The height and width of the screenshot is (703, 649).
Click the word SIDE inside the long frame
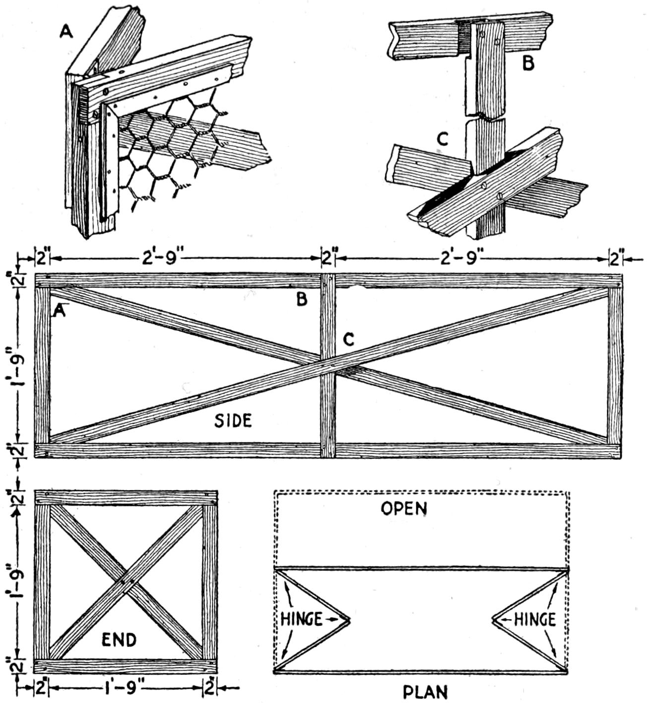233,421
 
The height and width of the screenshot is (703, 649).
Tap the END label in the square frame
119,640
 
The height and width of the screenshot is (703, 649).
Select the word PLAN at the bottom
425,692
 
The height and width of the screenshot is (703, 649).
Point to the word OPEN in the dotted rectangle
404,508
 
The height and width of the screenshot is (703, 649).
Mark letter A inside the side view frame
59,310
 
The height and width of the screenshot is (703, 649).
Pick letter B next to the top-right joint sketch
529,64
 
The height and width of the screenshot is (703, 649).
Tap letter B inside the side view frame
302,299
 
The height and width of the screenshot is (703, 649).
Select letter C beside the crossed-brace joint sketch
443,140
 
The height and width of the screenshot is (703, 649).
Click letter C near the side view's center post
349,340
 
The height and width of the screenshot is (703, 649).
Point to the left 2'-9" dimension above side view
161,259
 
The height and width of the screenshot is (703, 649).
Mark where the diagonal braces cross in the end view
126,581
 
